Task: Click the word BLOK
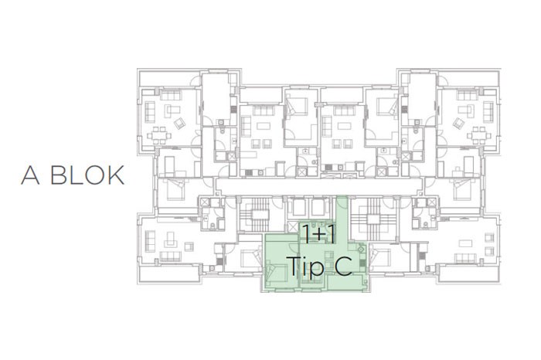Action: click(x=87, y=175)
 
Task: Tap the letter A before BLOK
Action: click(x=30, y=175)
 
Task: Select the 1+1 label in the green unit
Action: click(x=318, y=234)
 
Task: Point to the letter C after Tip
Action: click(x=343, y=266)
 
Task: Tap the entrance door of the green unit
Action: click(x=342, y=203)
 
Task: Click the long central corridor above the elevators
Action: click(x=319, y=186)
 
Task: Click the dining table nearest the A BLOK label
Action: click(x=158, y=135)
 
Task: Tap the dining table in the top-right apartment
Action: click(x=479, y=135)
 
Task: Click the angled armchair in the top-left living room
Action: click(x=179, y=123)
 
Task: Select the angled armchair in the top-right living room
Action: click(x=458, y=123)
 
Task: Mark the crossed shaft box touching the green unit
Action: click(x=293, y=227)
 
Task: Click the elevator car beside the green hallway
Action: click(x=319, y=208)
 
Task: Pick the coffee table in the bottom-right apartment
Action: click(x=465, y=243)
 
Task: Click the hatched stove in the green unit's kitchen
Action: click(x=362, y=264)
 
